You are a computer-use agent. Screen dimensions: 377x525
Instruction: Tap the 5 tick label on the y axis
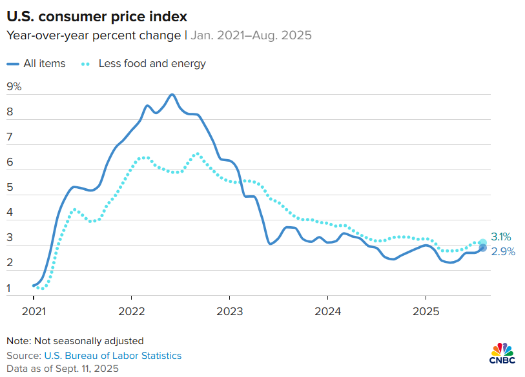10,188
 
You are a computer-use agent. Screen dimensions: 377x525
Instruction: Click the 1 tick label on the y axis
10,288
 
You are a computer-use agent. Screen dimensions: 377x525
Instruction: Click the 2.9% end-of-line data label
504,252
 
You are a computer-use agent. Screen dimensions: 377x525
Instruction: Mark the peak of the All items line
171,95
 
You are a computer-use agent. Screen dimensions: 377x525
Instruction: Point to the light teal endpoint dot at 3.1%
482,243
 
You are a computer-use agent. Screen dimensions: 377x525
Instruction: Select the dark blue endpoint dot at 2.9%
482,248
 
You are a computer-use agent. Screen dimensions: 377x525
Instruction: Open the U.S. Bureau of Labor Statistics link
112,355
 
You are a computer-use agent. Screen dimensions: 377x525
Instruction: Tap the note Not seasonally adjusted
75,340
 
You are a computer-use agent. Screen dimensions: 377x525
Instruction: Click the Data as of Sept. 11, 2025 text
63,368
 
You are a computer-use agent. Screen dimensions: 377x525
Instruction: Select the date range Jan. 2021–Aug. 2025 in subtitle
251,35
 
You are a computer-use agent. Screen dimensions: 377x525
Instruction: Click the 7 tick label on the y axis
10,137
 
